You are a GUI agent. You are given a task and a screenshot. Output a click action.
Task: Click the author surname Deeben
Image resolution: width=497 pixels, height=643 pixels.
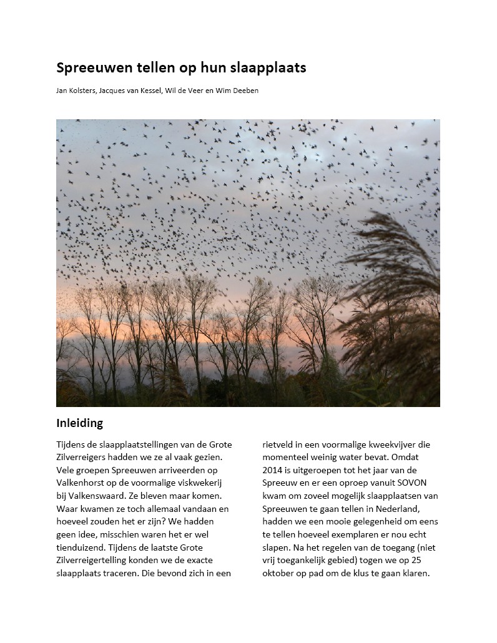[x=245, y=91]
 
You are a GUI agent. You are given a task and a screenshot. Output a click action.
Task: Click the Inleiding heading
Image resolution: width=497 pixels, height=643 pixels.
[x=79, y=423]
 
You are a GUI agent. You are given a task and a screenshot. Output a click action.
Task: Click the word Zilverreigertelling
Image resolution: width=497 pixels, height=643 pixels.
[x=94, y=560]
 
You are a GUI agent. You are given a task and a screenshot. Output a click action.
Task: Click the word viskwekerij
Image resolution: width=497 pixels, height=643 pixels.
[x=197, y=483]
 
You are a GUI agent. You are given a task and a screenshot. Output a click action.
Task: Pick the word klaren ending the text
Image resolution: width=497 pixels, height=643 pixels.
[x=413, y=573]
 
